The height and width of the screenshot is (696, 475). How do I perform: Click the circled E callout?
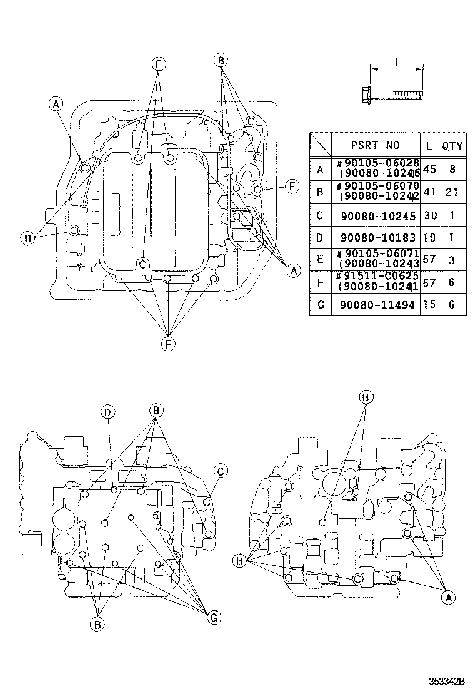(x=159, y=64)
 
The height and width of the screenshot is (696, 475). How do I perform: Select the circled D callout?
(x=108, y=411)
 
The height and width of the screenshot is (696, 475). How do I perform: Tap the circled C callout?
(x=220, y=471)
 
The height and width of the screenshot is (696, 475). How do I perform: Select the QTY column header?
(x=452, y=146)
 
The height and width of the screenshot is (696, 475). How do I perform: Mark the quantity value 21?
(x=452, y=192)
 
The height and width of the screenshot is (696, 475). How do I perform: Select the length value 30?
(x=429, y=215)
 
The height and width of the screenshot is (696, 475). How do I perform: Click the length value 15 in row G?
(x=429, y=305)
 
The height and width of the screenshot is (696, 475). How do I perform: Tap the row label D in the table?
(x=320, y=238)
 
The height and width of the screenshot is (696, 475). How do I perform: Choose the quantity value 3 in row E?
(x=452, y=260)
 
